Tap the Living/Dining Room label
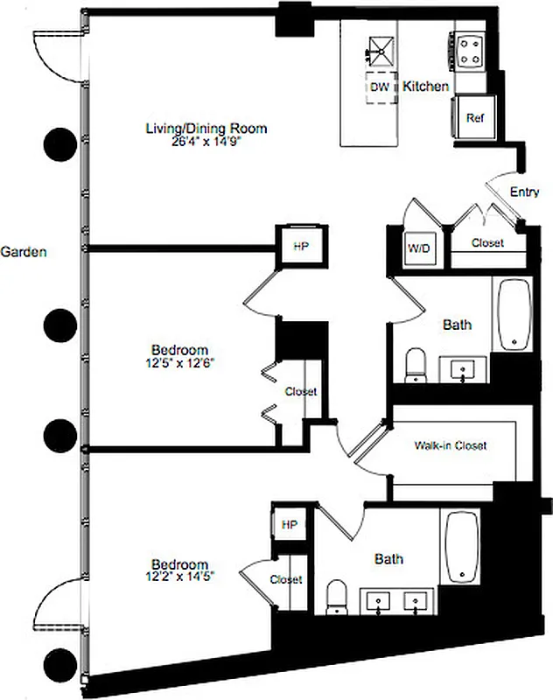click(206, 129)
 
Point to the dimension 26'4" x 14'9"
click(206, 142)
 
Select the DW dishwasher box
click(379, 87)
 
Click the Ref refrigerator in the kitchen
click(475, 118)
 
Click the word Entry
click(524, 192)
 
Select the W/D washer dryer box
click(416, 248)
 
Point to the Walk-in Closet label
click(450, 445)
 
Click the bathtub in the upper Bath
click(514, 315)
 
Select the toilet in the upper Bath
click(415, 365)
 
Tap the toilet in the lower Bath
click(335, 598)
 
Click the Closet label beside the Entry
click(486, 242)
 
